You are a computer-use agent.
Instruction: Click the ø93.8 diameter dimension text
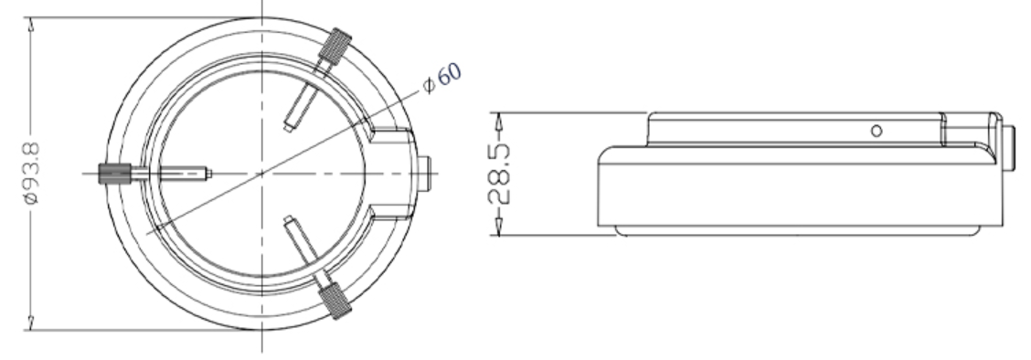click(31, 174)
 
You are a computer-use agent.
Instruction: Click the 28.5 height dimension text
click(498, 175)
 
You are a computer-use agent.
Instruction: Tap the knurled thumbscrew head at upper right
click(335, 46)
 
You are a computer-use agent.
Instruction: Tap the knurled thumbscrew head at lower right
click(335, 301)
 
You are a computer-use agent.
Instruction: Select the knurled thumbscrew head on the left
click(114, 175)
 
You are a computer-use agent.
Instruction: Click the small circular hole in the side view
click(877, 132)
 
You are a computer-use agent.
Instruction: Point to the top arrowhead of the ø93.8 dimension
click(30, 25)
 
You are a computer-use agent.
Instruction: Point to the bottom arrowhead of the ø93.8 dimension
click(30, 323)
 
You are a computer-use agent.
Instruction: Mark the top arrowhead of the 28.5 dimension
click(498, 121)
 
